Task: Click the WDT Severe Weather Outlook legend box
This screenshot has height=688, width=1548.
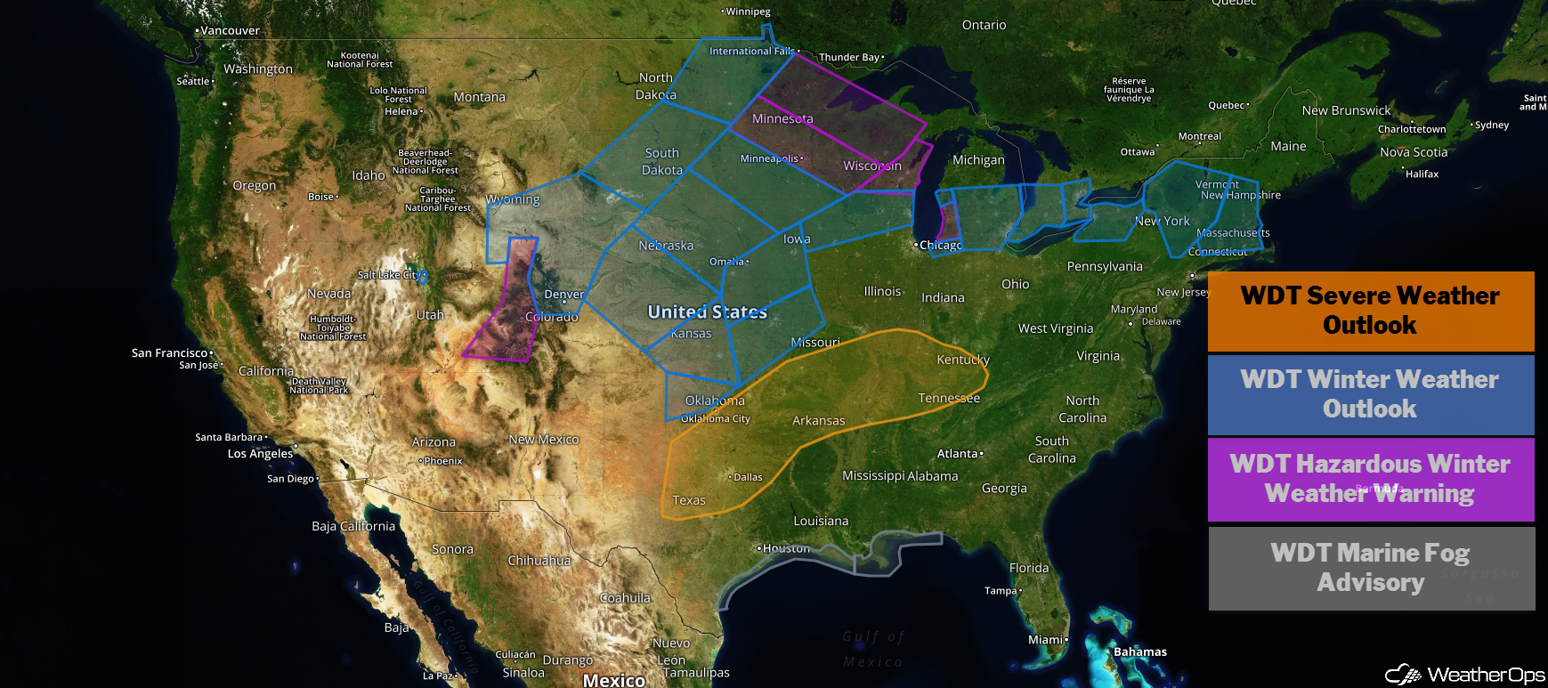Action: [1370, 311]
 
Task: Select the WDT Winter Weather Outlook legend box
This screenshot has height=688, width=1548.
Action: [1370, 394]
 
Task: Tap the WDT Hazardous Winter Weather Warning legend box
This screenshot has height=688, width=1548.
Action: [1370, 479]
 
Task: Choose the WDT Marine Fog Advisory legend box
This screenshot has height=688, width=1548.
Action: [1370, 568]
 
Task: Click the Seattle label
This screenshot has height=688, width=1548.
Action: [193, 81]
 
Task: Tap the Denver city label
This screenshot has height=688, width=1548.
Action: [564, 295]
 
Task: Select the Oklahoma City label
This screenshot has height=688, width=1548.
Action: [716, 418]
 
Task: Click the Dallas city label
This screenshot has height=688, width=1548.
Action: [747, 477]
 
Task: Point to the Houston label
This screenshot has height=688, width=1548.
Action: [786, 548]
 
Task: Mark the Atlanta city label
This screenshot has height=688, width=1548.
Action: [958, 454]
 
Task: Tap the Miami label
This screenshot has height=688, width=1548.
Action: [1046, 639]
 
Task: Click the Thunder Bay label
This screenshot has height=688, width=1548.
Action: [849, 57]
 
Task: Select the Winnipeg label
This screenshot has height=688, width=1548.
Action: [747, 12]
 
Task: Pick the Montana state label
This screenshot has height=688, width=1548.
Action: [479, 97]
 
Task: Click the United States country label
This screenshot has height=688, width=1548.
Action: [707, 312]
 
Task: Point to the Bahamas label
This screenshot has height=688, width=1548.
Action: [1140, 652]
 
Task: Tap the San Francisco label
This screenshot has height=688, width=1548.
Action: [169, 353]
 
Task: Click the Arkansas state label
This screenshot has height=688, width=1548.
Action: [819, 420]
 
